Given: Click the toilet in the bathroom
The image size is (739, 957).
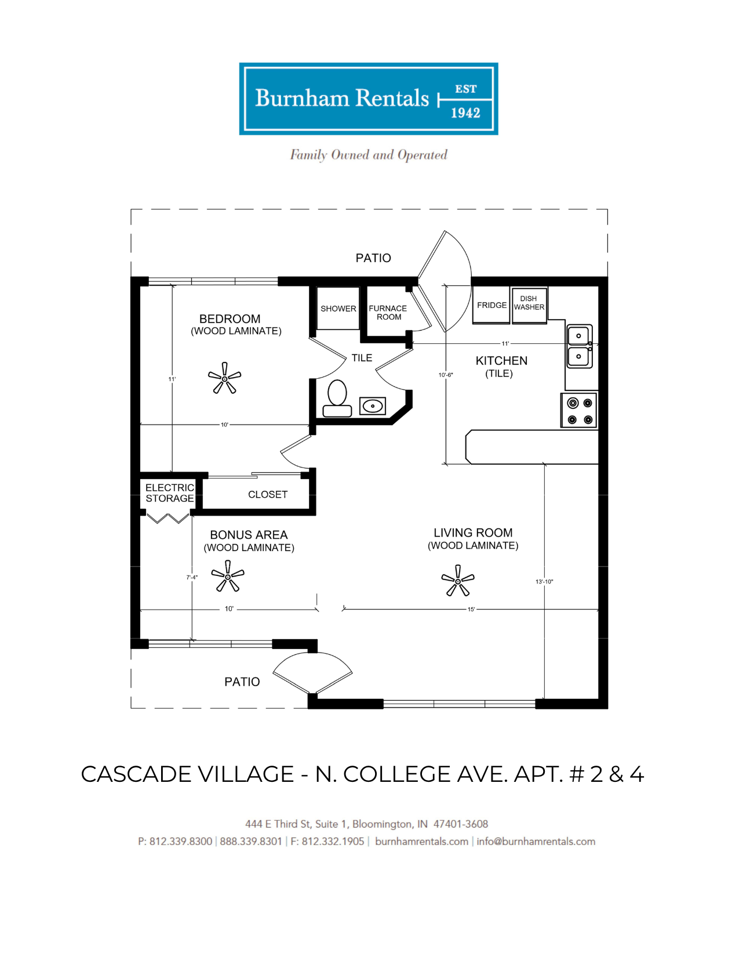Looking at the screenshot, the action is pyautogui.click(x=337, y=398).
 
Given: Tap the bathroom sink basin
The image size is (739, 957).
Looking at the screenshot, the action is pyautogui.click(x=372, y=405).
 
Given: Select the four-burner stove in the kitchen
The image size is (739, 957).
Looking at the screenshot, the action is pyautogui.click(x=579, y=411).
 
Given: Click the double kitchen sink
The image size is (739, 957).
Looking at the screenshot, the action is pyautogui.click(x=579, y=346).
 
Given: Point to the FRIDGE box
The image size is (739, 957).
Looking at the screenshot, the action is pyautogui.click(x=491, y=306).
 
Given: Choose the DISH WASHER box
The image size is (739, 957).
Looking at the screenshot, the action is pyautogui.click(x=530, y=306).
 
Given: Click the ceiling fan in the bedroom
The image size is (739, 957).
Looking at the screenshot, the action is pyautogui.click(x=224, y=378).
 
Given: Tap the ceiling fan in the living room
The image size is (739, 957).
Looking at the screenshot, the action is pyautogui.click(x=458, y=581).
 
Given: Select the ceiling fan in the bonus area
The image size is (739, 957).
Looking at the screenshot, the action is pyautogui.click(x=228, y=576).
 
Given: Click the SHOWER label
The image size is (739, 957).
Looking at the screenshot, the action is pyautogui.click(x=338, y=309).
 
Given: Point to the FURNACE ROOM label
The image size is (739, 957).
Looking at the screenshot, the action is pyautogui.click(x=388, y=313).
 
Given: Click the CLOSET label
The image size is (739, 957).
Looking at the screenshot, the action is pyautogui.click(x=268, y=495).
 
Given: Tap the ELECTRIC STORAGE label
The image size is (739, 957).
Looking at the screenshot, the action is pyautogui.click(x=169, y=493).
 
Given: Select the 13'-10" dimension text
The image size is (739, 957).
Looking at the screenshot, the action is pyautogui.click(x=544, y=582).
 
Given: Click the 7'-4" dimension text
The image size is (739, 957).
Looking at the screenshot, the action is pyautogui.click(x=192, y=577).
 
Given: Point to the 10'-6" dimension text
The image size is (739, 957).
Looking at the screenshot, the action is pyautogui.click(x=445, y=375).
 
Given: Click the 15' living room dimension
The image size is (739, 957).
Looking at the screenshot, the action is pyautogui.click(x=471, y=610).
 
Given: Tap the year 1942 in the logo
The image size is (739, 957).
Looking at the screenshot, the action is pyautogui.click(x=465, y=113).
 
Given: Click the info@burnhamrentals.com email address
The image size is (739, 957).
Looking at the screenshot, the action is pyautogui.click(x=536, y=842).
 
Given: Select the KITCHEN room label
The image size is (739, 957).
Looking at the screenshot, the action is pyautogui.click(x=501, y=361).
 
